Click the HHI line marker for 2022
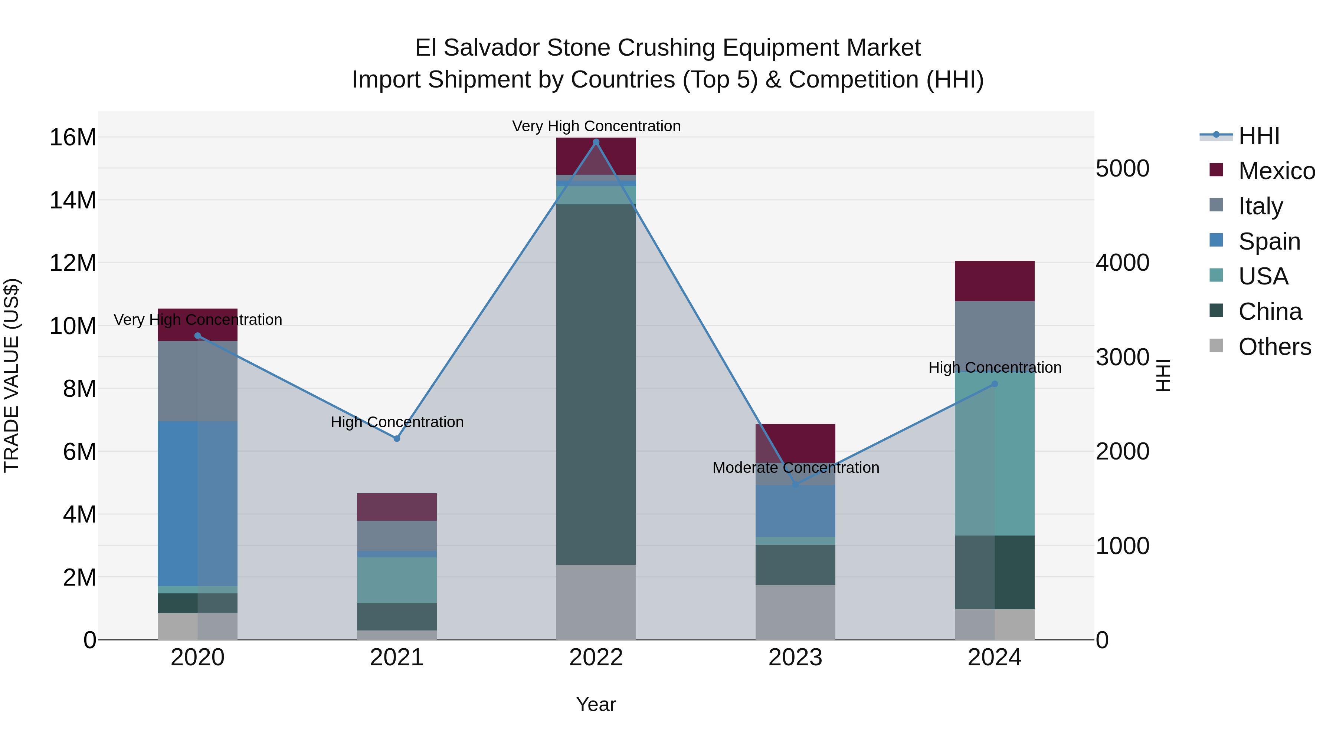click(596, 142)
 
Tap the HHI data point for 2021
click(397, 438)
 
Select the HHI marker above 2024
click(994, 384)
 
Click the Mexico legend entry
click(1276, 171)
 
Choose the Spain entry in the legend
click(1269, 241)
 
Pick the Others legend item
click(1274, 347)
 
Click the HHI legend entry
click(1259, 136)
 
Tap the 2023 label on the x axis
click(795, 658)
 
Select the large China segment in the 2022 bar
click(596, 383)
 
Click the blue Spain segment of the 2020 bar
click(197, 503)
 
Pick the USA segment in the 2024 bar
click(994, 454)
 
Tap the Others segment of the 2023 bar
click(795, 612)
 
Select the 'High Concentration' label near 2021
click(397, 422)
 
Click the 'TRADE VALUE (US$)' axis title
click(12, 375)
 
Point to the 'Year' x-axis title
click(596, 704)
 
